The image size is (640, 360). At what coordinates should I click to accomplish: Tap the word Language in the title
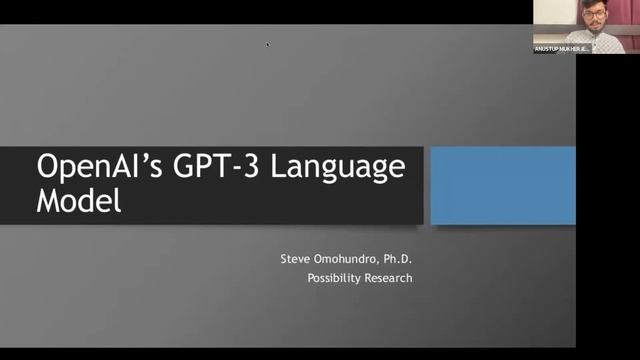(345, 166)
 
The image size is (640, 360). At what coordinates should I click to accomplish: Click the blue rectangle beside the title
(502, 185)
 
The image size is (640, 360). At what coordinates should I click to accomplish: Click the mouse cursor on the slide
(267, 43)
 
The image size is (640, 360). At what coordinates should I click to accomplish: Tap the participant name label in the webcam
(562, 49)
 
